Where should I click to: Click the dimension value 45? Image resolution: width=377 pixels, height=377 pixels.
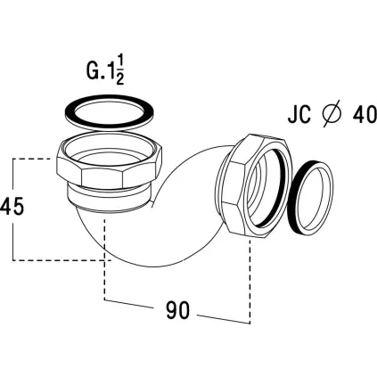pyautogui.click(x=12, y=207)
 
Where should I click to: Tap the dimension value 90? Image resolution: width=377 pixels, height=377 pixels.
pyautogui.click(x=177, y=310)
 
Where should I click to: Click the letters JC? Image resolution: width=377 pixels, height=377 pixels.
pyautogui.click(x=299, y=114)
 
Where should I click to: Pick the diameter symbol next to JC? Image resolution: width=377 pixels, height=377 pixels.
pyautogui.click(x=332, y=114)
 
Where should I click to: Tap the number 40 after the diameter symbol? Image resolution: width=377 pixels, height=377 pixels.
pyautogui.click(x=365, y=114)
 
